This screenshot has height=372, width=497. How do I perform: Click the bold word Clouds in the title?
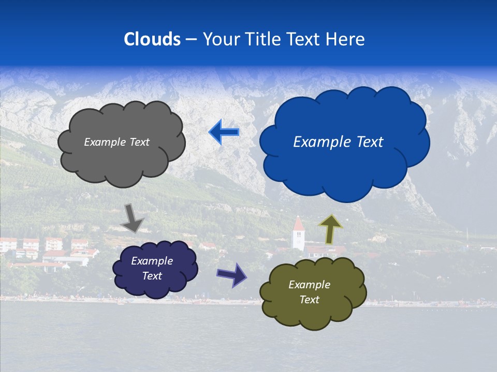pos(152,39)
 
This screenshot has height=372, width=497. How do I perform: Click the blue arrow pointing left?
pos(224,132)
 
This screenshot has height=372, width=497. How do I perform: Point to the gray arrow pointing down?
pos(132,218)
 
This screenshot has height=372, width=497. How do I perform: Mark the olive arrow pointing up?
pos(330,229)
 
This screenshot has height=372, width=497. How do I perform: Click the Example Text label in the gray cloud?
pos(116,142)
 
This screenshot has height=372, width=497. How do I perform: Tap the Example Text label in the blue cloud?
pos(338,142)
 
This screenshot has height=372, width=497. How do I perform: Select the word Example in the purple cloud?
pos(152,261)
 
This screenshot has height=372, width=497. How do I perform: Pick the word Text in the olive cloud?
pos(309,300)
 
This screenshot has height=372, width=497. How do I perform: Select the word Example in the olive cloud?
pos(309,285)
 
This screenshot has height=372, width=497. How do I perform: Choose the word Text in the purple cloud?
pos(152,276)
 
